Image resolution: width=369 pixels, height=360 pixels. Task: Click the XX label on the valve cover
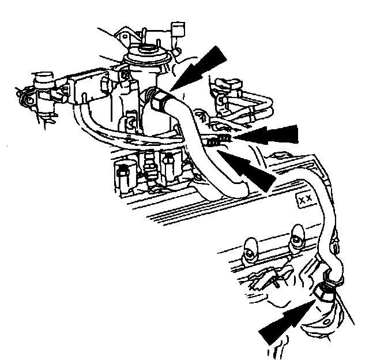[x=304, y=199]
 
